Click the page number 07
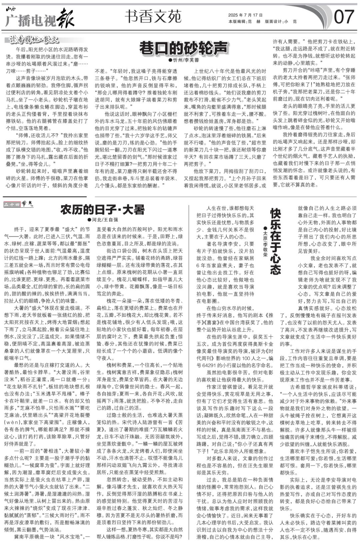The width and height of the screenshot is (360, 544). pos(344,17)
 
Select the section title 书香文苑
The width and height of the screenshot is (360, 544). pos(153,16)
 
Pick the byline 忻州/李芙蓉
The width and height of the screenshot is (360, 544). pos(184,60)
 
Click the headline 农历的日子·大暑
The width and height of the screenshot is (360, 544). pos(103,210)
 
